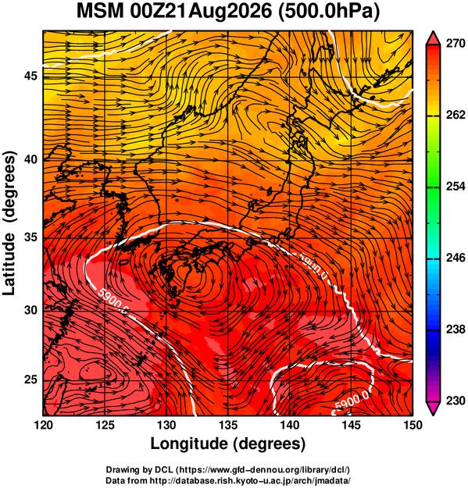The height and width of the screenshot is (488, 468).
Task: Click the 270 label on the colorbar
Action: click(455, 44)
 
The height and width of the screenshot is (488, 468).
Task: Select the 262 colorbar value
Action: click(455, 115)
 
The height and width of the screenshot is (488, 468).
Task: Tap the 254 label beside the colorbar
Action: click(455, 187)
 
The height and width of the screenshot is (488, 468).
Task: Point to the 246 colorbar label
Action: click(455, 258)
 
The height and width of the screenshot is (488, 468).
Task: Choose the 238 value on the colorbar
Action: click(455, 329)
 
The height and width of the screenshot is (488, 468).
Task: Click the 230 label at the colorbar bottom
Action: click(455, 401)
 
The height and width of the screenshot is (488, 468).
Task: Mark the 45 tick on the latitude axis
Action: click(30, 76)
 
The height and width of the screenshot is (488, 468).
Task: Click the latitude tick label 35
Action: click(30, 237)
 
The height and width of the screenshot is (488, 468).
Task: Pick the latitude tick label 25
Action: click(30, 380)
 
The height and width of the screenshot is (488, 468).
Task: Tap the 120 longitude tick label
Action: click(43, 425)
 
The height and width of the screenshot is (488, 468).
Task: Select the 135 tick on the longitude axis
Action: click(228, 425)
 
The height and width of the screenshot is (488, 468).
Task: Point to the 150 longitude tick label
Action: click(413, 425)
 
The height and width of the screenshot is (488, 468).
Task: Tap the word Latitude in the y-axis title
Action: click(9, 264)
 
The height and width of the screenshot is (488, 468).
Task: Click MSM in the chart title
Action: click(101, 12)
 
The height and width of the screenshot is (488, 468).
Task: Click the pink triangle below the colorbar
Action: click(433, 408)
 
